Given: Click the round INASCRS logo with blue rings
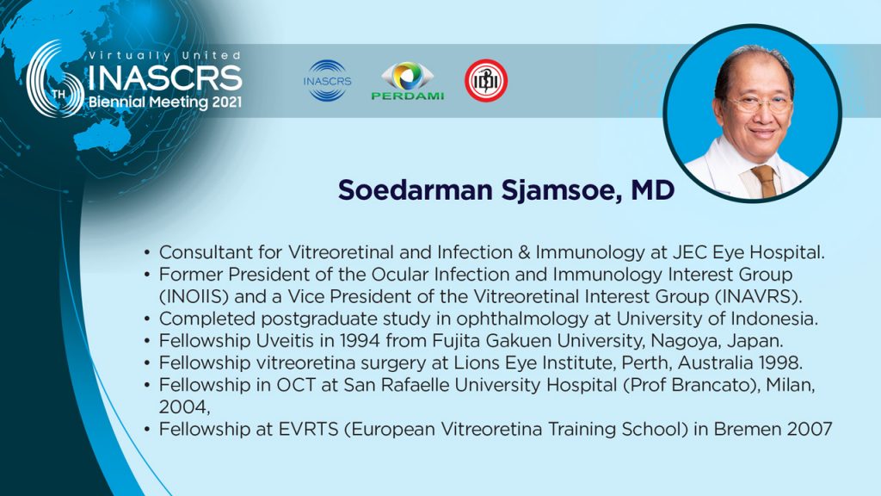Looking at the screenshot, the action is coord(327,80).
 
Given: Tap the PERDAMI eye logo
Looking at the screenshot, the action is coord(407,80).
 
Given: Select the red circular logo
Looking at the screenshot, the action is coord(486,80).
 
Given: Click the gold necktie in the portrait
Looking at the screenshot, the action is coord(765,181).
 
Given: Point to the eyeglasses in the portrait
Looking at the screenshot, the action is coord(759,104).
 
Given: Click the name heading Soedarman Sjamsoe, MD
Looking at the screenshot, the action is coord(506,190).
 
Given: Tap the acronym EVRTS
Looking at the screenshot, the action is coord(309,429).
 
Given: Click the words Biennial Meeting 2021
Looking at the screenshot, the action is coord(165,102).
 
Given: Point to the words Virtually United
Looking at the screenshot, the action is coord(165,55).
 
